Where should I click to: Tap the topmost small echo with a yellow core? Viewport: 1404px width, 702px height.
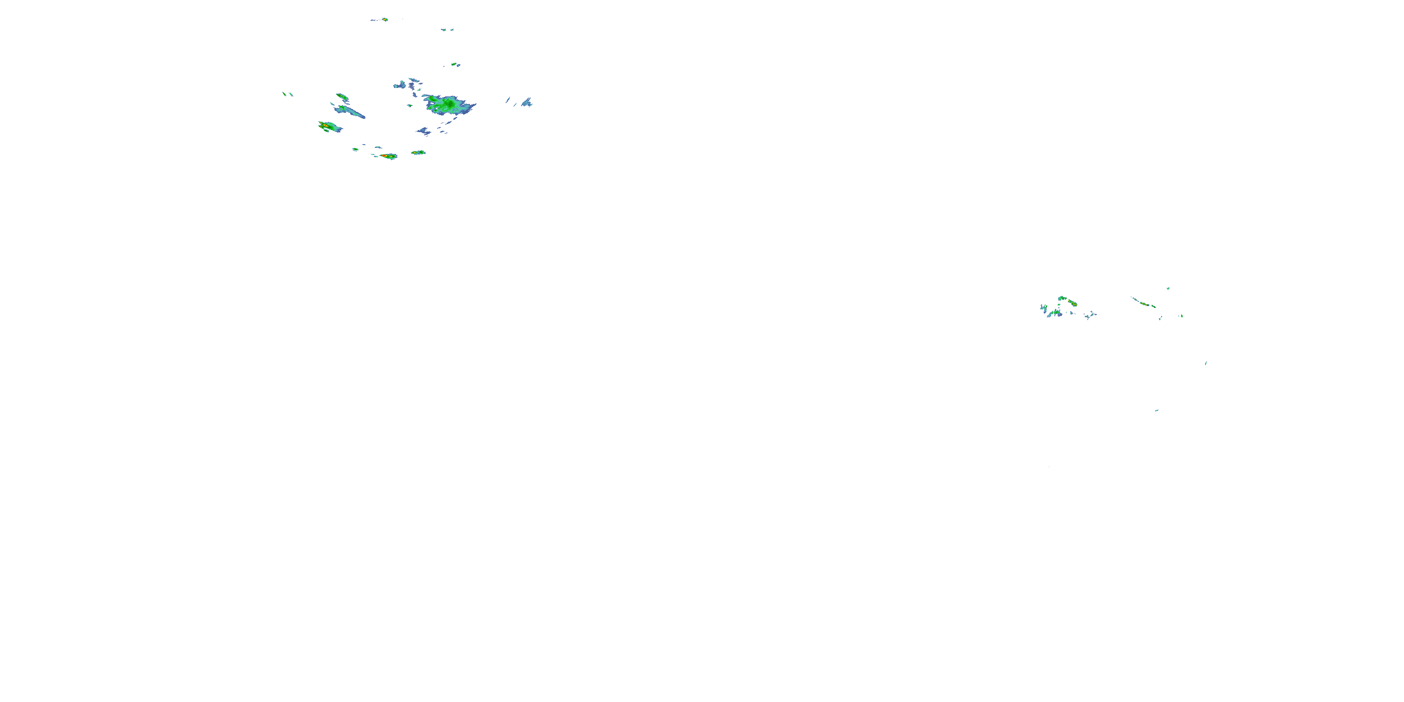384,20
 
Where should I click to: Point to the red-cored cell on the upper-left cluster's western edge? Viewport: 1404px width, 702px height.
325,126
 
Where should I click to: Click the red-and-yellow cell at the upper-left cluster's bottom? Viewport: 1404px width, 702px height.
388,156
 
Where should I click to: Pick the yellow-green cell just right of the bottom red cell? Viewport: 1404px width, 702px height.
418,153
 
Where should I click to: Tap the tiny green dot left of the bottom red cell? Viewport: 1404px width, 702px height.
355,149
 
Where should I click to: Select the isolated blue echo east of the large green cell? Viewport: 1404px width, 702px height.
526,102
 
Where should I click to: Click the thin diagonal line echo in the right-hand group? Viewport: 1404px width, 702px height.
1144,302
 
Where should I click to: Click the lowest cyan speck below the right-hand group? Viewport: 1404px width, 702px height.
1156,410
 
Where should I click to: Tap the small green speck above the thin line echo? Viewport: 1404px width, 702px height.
1168,288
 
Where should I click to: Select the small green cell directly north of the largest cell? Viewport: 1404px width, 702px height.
453,64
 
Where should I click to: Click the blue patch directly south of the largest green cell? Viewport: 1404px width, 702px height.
424,131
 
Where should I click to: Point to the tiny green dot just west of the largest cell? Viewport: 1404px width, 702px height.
410,105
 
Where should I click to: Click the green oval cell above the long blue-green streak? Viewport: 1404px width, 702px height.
342,97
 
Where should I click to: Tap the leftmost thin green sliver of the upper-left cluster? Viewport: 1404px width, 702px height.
284,94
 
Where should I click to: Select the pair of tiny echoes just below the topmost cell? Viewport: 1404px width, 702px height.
447,29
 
